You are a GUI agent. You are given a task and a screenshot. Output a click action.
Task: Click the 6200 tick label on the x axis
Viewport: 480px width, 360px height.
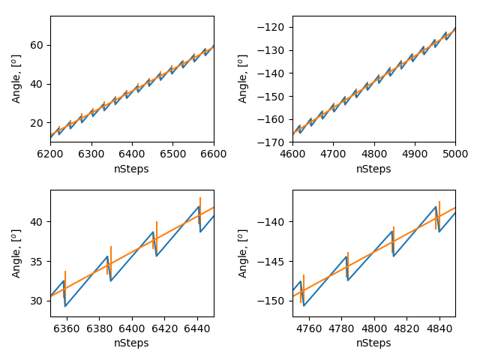(50, 152)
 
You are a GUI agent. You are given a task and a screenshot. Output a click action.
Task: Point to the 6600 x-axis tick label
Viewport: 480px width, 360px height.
(214, 152)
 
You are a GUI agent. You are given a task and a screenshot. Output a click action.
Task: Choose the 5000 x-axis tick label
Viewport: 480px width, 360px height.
(455, 152)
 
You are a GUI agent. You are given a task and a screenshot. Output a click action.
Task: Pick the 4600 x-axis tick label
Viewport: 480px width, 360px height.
(292, 152)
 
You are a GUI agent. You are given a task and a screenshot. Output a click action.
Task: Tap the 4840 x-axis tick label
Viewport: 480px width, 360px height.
(439, 326)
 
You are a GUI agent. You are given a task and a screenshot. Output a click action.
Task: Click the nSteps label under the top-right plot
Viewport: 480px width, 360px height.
(373, 169)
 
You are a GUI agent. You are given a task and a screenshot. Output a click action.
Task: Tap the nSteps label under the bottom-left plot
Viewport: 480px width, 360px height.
(132, 343)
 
